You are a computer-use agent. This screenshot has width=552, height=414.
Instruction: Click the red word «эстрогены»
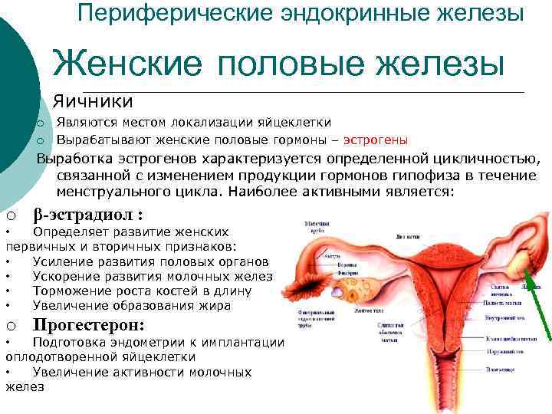tap(375, 140)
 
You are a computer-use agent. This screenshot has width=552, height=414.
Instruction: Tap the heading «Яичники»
tap(93, 101)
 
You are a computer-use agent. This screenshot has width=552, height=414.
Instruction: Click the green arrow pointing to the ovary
tap(539, 307)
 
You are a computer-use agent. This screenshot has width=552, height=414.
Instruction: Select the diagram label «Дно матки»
tap(407, 238)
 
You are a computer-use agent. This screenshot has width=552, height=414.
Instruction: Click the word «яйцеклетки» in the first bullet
tap(296, 123)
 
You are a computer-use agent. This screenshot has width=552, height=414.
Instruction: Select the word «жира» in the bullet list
tap(216, 305)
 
